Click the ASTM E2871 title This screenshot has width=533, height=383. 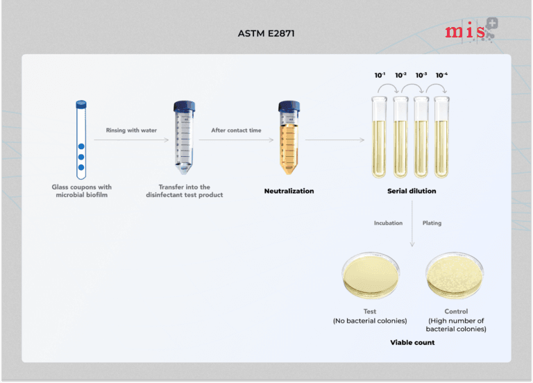(x=266, y=33)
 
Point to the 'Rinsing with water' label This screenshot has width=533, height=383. (x=131, y=130)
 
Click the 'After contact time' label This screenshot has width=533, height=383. (x=236, y=130)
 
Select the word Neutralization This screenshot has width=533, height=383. (x=289, y=191)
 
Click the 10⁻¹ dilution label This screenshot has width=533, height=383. (x=380, y=75)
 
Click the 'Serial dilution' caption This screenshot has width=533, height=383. (x=412, y=191)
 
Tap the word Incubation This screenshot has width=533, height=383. (x=389, y=223)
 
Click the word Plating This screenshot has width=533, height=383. (x=432, y=223)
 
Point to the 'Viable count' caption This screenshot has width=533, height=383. (x=412, y=342)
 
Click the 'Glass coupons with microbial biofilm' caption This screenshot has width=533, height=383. (x=81, y=191)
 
